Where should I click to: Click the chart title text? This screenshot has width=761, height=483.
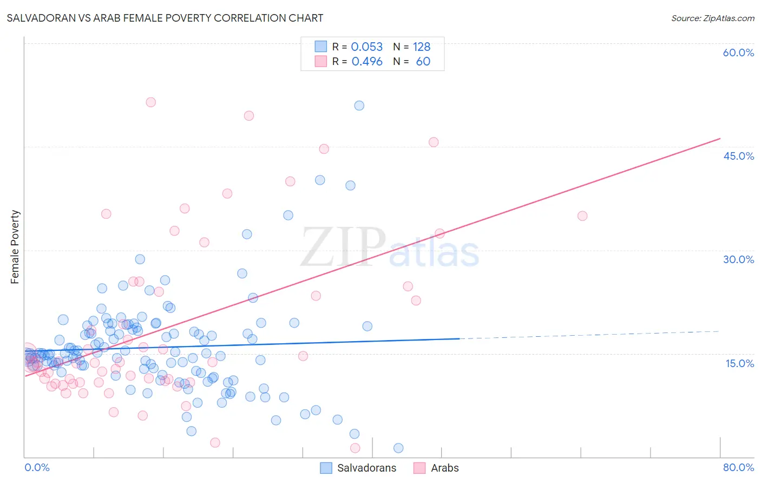tap(165, 18)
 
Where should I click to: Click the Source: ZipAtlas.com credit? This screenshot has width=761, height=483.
tap(712, 18)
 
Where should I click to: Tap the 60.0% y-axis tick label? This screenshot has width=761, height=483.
tap(738, 53)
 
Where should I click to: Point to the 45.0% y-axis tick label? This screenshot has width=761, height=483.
tap(738, 156)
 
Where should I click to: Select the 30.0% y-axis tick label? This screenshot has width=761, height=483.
tap(738, 259)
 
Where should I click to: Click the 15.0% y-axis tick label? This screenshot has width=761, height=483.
tap(739, 363)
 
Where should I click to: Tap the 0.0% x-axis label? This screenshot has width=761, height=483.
tap(37, 467)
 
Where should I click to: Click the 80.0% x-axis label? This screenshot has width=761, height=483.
tap(738, 467)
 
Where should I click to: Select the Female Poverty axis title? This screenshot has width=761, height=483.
tap(15, 247)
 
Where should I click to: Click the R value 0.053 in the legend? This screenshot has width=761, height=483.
tap(366, 47)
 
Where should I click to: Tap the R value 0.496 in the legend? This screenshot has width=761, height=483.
tap(366, 61)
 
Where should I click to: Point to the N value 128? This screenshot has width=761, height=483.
tap(422, 47)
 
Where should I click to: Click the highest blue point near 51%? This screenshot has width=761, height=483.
tap(359, 106)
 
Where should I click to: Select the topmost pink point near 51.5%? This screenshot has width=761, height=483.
tap(151, 102)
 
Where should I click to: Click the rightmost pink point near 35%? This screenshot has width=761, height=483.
tap(582, 216)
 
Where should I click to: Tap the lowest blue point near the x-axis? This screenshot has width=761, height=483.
tap(398, 448)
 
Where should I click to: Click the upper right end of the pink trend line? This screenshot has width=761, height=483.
tap(719, 139)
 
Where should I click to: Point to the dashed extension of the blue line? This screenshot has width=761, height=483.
tap(590, 335)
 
